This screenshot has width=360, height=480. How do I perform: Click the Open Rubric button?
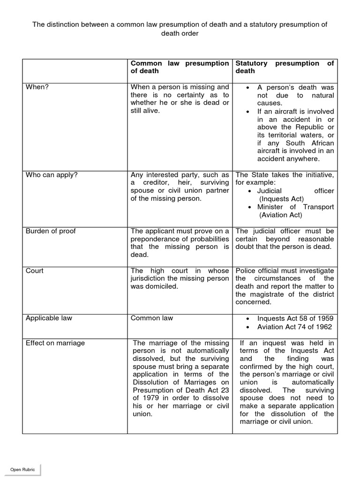23,470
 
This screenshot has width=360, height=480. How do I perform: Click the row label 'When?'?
37,87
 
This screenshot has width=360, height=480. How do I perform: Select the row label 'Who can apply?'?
52,175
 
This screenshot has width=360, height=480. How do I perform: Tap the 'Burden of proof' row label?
51,231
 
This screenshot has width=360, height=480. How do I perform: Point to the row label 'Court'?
34,270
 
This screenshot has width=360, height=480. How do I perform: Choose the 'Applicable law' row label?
49,318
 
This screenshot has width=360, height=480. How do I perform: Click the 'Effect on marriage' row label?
55,343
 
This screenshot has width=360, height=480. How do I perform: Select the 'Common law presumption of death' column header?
180,67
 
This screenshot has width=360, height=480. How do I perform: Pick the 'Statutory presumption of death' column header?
284,67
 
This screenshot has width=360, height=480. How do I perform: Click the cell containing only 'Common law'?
151,318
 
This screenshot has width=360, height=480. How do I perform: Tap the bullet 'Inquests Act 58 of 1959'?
294,319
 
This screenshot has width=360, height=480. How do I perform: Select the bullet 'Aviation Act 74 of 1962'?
294,327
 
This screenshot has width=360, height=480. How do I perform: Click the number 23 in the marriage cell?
225,390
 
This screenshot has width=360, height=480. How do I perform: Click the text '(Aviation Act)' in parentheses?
281,215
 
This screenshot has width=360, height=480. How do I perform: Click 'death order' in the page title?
180,34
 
